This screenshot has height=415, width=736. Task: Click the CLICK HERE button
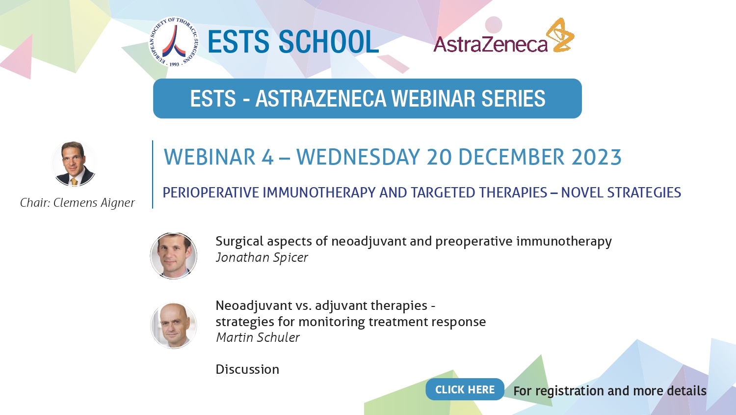[465, 389]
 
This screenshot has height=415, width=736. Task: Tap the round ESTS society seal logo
[174, 42]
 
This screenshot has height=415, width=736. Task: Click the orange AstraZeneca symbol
[560, 35]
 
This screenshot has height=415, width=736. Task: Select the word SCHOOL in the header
[329, 42]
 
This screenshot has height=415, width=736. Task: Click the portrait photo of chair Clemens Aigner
[74, 164]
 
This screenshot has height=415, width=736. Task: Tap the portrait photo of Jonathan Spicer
[174, 256]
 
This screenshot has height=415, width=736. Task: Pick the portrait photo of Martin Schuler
[174, 325]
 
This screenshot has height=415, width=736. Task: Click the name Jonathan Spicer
[262, 257]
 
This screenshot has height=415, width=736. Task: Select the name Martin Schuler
[258, 337]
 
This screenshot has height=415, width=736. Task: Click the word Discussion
[247, 369]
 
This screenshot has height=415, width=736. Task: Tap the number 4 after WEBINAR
[267, 157]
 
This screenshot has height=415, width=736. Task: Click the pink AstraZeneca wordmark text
[490, 44]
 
